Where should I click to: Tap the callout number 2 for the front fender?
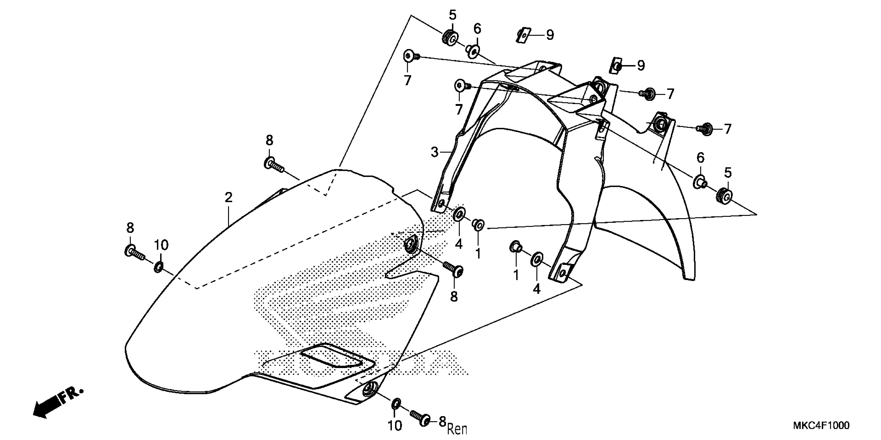[x=229, y=197]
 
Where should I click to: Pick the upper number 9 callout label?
[x=550, y=35]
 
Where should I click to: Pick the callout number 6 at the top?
[x=477, y=29]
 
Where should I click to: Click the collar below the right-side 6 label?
[x=699, y=181]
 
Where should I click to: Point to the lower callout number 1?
[x=516, y=275]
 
